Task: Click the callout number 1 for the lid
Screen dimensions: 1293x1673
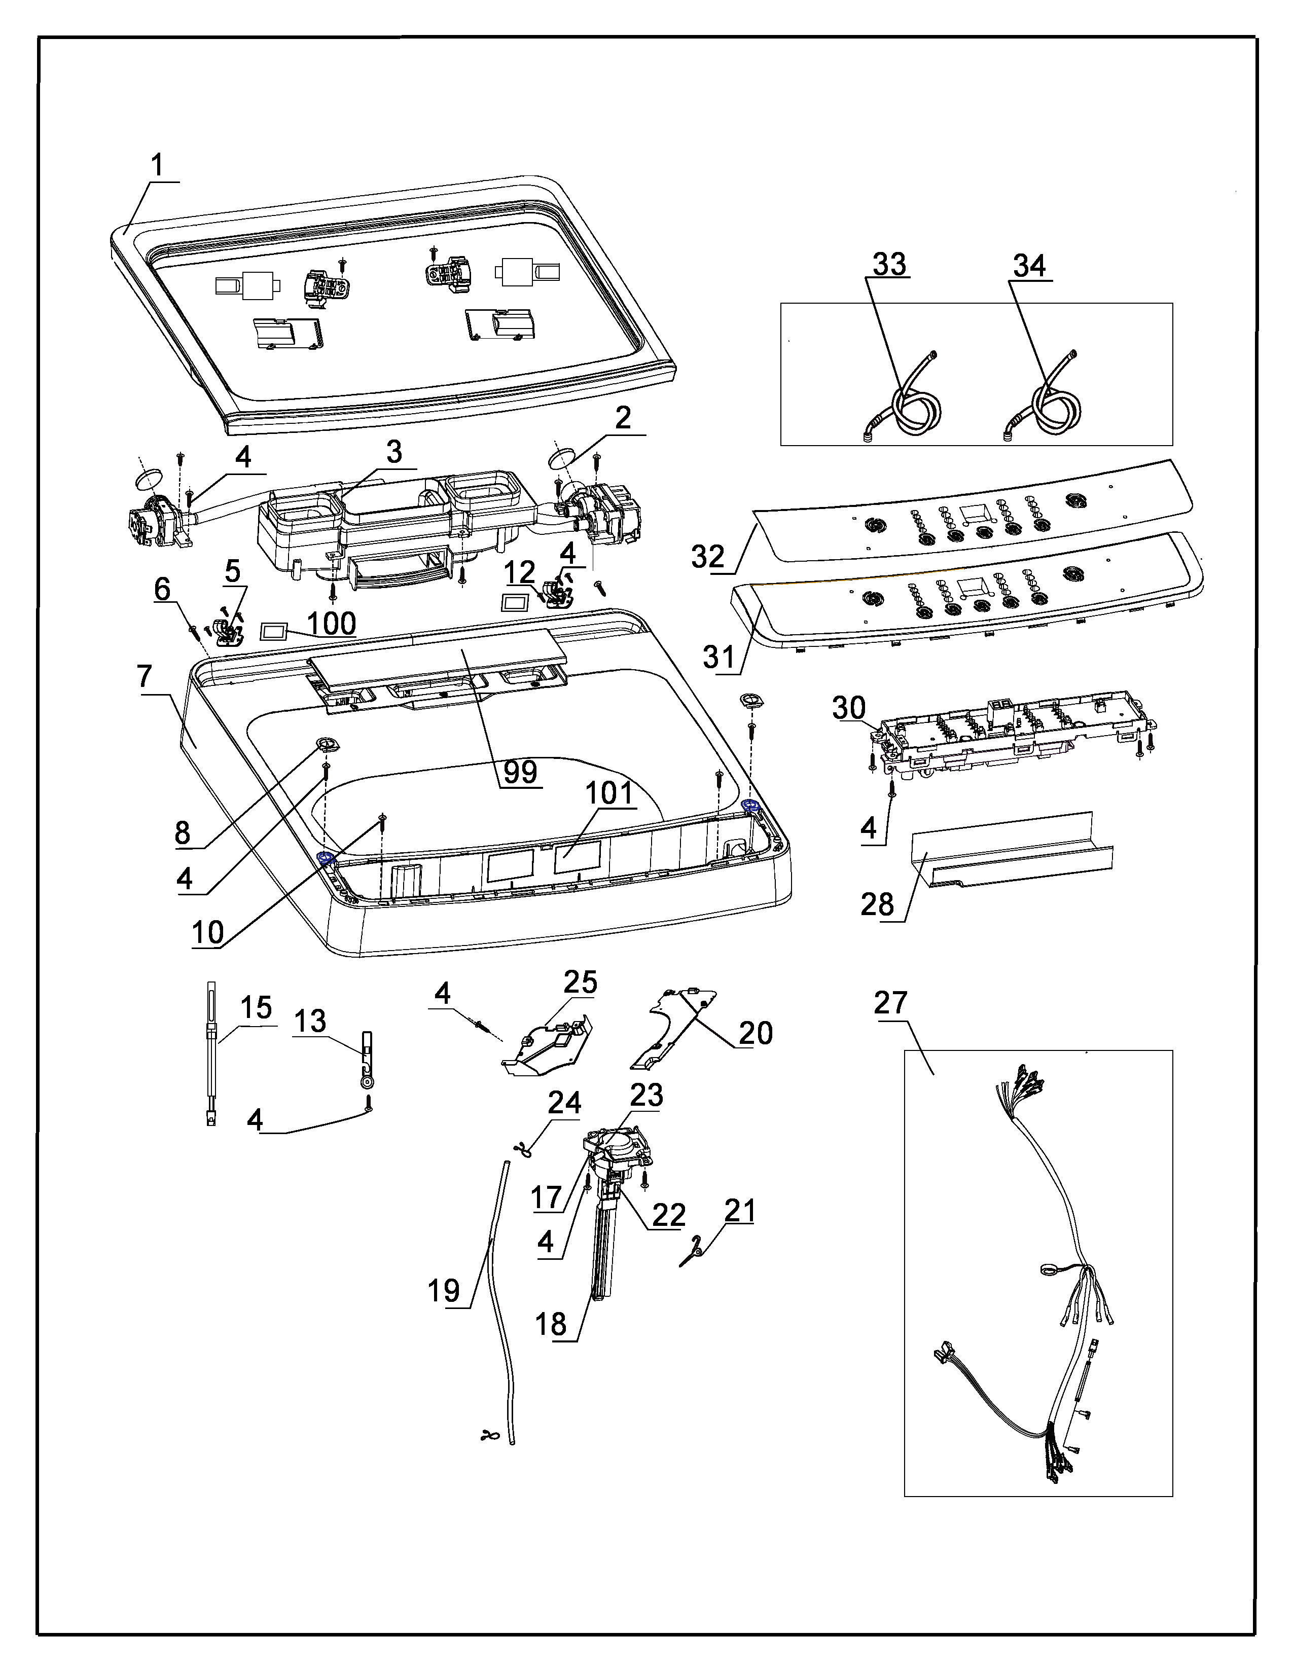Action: pos(157,165)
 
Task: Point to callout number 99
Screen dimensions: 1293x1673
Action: pos(520,772)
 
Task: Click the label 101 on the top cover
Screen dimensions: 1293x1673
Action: pos(609,793)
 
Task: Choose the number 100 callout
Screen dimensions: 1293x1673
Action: pos(332,624)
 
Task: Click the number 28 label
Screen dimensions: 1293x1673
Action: pos(877,904)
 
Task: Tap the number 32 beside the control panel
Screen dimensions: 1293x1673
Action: pos(708,557)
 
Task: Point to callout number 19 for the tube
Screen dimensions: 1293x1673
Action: pos(444,1291)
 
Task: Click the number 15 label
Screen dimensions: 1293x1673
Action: pos(256,1007)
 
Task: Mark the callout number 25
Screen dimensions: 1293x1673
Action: pos(580,982)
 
